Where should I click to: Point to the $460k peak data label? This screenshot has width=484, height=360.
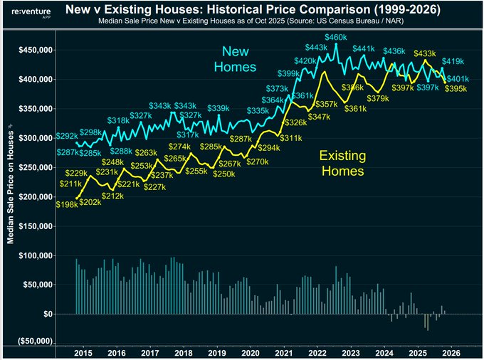tap(336, 37)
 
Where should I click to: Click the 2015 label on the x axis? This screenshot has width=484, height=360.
tap(83, 353)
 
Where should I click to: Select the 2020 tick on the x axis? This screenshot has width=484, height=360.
tap(251, 353)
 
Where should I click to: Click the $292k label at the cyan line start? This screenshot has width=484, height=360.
tap(66, 136)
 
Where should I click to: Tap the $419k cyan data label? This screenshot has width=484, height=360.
tap(453, 62)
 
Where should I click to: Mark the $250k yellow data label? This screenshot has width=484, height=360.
tap(224, 174)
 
